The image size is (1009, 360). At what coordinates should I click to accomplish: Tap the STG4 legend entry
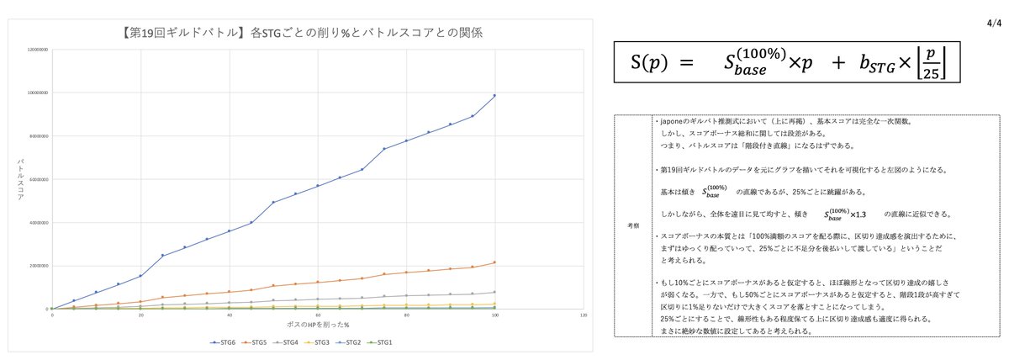click(290, 341)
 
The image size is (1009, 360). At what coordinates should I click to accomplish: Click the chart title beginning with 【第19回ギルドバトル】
click(301, 33)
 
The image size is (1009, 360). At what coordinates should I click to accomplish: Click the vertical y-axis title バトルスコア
click(21, 177)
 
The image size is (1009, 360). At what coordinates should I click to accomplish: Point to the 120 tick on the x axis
click(584, 315)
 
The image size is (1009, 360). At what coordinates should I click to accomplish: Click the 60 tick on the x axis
click(318, 315)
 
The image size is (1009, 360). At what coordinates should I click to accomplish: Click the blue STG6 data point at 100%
click(495, 95)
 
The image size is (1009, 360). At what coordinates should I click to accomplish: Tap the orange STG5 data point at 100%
click(495, 262)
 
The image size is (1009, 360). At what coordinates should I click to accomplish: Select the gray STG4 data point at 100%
click(495, 292)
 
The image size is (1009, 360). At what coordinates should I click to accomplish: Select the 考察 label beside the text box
click(633, 225)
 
